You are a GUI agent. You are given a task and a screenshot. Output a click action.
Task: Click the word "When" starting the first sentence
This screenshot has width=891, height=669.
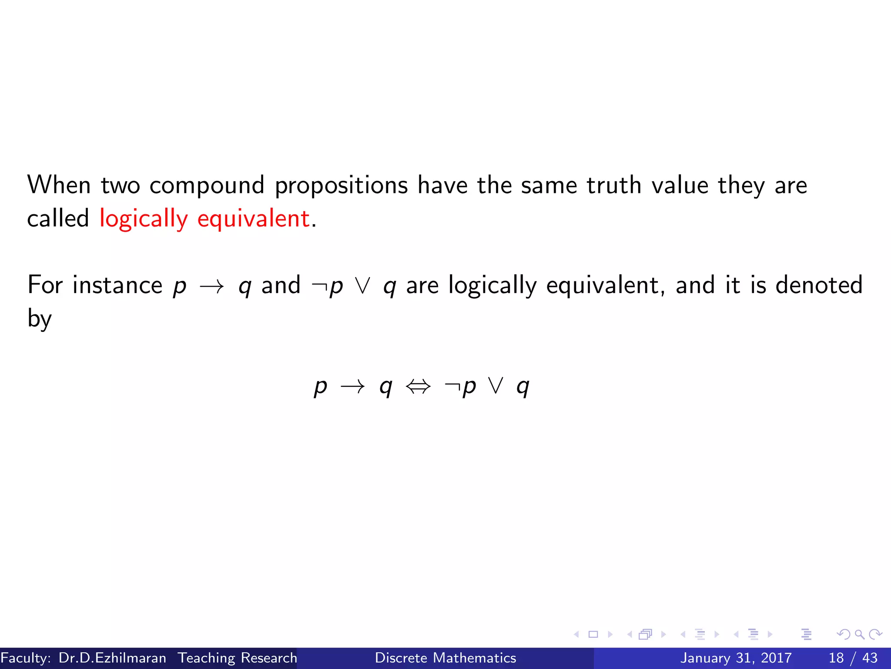[59, 185]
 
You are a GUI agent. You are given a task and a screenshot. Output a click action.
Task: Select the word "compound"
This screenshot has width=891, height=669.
[207, 186]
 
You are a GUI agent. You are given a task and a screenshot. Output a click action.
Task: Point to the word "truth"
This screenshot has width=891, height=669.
[614, 185]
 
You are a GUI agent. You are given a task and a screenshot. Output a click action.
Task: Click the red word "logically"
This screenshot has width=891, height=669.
[144, 219]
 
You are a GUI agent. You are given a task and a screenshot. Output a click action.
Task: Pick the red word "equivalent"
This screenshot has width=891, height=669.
[254, 219]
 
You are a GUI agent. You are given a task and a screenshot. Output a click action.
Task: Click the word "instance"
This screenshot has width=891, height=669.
[117, 285]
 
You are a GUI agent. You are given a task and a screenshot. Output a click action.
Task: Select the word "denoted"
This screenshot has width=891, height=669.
[819, 285]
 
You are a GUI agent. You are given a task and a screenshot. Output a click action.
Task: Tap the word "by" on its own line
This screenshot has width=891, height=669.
[40, 319]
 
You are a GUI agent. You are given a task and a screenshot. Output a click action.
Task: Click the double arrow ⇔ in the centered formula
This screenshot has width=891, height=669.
[418, 386]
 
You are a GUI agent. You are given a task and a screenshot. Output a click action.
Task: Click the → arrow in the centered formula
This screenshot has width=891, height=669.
[352, 386]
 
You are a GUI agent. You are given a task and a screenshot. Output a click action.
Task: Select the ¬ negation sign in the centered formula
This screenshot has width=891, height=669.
[452, 386]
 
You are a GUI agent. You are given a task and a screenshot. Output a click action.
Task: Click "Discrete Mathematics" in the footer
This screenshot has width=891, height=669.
[445, 658]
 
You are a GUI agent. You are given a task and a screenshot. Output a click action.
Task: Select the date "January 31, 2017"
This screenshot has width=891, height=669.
[736, 658]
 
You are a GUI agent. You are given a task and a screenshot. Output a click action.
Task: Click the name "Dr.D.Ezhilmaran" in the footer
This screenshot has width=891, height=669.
[112, 658]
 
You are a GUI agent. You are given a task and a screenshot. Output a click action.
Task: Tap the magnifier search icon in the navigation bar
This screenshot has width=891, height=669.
[859, 635]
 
